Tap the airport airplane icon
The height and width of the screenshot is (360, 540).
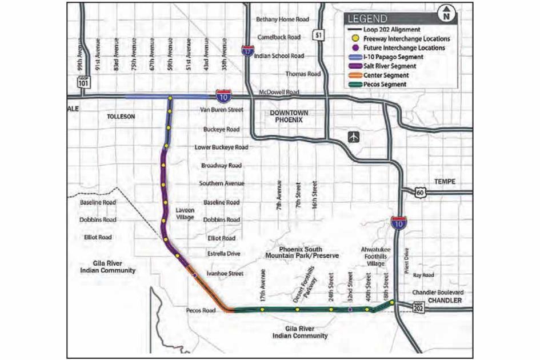point(354,137)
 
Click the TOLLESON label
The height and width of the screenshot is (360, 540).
point(120,116)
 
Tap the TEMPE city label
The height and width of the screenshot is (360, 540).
point(443,181)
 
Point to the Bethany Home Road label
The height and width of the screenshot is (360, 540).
point(282,19)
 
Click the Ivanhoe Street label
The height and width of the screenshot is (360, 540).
point(225,274)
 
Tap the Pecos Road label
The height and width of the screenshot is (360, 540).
point(200,311)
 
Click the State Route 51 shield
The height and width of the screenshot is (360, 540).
point(317,35)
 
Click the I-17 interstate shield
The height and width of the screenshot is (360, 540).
point(247,50)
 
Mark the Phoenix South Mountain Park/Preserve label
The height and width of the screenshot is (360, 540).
point(301,253)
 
